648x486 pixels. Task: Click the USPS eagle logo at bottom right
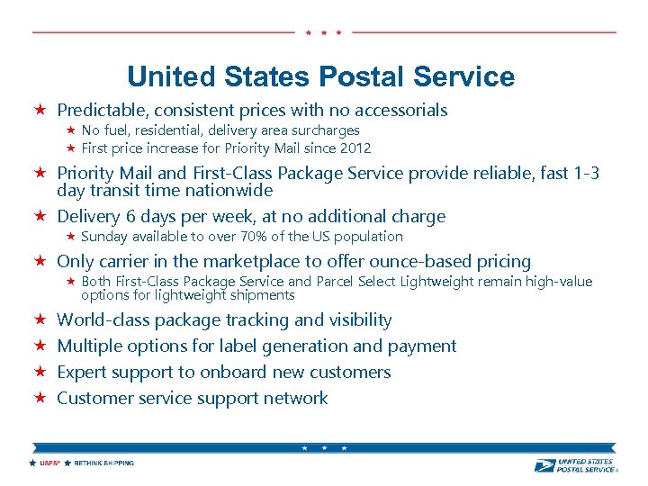[x=544, y=464]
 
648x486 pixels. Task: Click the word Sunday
[x=104, y=237]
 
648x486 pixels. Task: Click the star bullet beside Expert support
[x=40, y=372]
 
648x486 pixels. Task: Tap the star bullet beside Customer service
[x=40, y=398]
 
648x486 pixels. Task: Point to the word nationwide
[x=232, y=191]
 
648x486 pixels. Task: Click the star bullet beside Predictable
[x=40, y=111]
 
